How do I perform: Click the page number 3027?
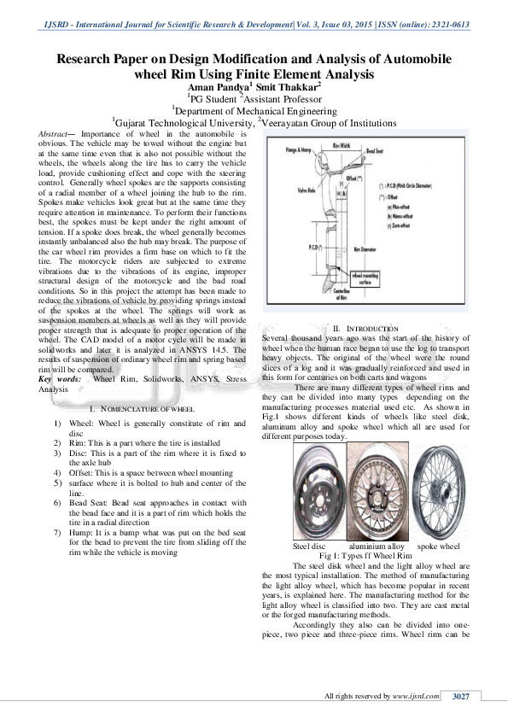click(x=461, y=698)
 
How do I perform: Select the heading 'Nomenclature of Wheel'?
click(x=153, y=411)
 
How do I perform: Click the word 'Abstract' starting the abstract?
click(x=56, y=135)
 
